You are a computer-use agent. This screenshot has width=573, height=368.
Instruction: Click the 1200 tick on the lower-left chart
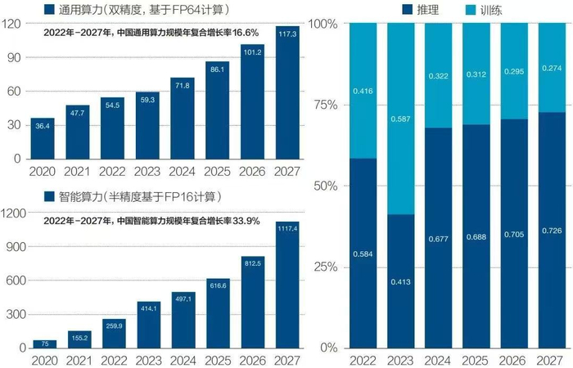pos(16,213)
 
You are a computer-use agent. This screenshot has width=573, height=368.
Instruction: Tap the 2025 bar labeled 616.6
pos(217,313)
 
